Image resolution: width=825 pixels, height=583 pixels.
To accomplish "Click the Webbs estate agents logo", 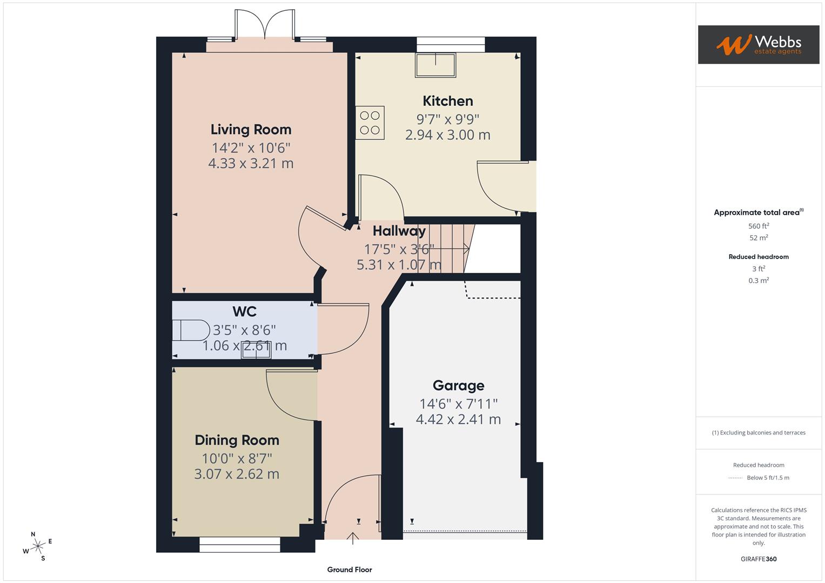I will pos(758,44).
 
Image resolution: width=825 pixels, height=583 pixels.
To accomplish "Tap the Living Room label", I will pos(251,130).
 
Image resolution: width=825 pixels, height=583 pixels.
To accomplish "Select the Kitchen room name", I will pos(447,101).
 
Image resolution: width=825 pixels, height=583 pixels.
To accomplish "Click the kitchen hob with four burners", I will pos(370,123).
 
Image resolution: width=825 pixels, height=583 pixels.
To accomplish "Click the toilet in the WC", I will pos(191,330).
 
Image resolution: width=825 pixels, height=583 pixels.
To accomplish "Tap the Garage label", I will pos(458,385).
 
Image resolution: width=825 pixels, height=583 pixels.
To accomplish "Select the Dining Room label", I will pos(237,440).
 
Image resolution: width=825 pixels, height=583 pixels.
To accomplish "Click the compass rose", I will pos(37,546).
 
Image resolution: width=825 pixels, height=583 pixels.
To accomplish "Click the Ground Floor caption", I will pos(350,570).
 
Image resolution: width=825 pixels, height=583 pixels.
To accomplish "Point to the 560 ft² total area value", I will pos(758,226).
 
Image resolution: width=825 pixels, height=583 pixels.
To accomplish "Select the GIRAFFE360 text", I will pos(758,559).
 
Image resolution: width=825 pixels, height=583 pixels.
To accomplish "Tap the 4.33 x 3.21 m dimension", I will pos(251,163).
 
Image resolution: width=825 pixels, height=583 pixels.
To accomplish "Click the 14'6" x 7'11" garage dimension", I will pos(458,403).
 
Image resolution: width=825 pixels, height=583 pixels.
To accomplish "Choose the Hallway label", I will pos(399,231).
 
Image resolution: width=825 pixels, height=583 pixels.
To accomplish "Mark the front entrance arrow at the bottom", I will pos(353,538).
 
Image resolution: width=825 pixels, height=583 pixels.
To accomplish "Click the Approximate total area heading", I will pos(758,212).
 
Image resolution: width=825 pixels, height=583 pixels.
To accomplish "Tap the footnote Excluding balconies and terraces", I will pos(758,432).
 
